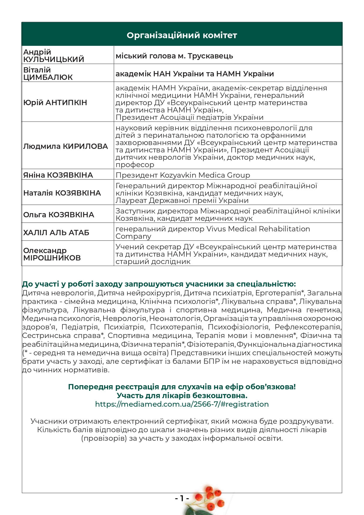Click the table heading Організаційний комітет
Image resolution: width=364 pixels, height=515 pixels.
[x=182, y=35]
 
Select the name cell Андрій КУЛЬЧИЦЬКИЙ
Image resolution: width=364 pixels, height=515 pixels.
[x=53, y=55]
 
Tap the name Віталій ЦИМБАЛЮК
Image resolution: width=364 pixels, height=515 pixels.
[x=48, y=73]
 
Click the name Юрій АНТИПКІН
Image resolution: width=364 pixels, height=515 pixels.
[x=55, y=102]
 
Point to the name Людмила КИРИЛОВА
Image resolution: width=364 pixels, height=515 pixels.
[x=65, y=146]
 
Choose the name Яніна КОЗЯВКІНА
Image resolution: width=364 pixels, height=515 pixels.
[x=58, y=175]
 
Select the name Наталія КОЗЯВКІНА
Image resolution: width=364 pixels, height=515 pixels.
[x=62, y=193]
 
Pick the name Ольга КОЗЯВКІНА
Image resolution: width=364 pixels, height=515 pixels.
[x=58, y=215]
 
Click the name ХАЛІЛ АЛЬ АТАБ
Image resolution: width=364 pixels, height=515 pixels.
[x=56, y=233]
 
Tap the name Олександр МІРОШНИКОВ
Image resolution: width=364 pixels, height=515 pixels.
[x=52, y=254]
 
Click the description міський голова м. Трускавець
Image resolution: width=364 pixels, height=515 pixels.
[x=174, y=56]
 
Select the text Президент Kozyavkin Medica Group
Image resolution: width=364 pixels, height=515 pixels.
[x=183, y=175]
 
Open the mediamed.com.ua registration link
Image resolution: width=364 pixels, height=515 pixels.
[x=182, y=404]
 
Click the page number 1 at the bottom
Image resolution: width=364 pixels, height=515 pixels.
[x=182, y=498]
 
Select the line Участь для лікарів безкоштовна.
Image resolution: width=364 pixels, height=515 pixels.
[x=182, y=395]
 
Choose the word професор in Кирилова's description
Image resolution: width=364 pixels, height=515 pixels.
[x=135, y=165]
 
